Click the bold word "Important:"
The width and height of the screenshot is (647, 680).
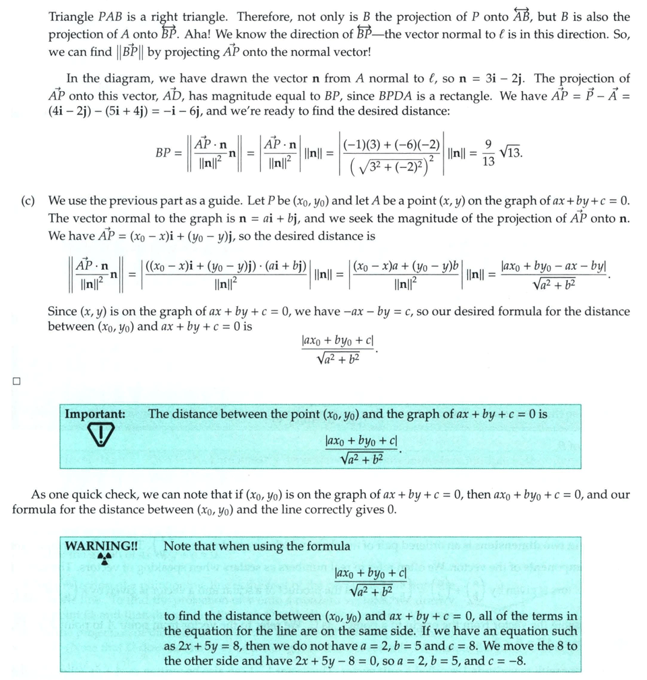(95, 414)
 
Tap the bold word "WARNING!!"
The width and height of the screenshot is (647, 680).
(101, 546)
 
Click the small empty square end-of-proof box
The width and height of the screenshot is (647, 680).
(16, 381)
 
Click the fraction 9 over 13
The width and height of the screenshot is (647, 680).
(488, 154)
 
